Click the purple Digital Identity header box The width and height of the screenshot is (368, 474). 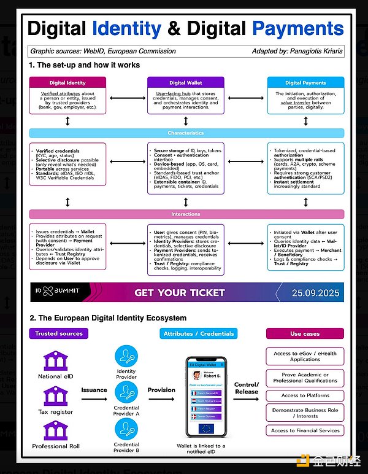coord(67,82)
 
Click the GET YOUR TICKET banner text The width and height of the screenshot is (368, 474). coord(180,293)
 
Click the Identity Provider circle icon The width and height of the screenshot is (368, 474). coord(126,356)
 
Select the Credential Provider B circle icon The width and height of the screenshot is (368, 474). coord(126,429)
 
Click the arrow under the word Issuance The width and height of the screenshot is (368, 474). coord(94,399)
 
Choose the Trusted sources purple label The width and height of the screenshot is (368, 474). coord(59,333)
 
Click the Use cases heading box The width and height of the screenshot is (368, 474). coord(304,333)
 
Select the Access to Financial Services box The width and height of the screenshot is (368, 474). coord(305,430)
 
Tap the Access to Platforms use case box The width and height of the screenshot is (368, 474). coord(305,395)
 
